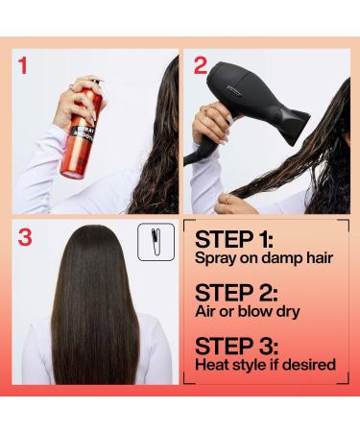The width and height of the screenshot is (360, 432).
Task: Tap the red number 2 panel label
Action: click(200, 66)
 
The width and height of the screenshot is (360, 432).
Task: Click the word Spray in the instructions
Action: click(215, 261)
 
